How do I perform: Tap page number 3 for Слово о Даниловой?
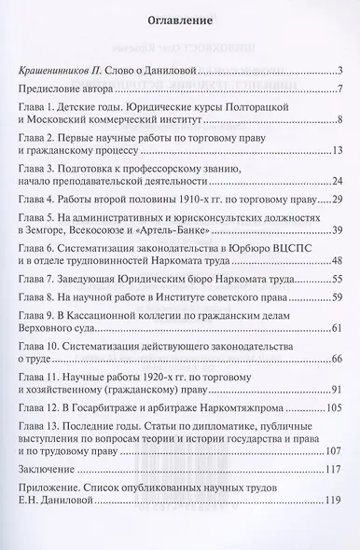tap(342, 71)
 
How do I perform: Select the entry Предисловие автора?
tap(67, 89)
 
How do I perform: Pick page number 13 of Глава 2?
tap(339, 151)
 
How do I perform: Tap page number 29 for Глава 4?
tap(339, 199)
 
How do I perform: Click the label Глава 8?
tap(38, 297)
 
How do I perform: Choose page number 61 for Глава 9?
tap(339, 329)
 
